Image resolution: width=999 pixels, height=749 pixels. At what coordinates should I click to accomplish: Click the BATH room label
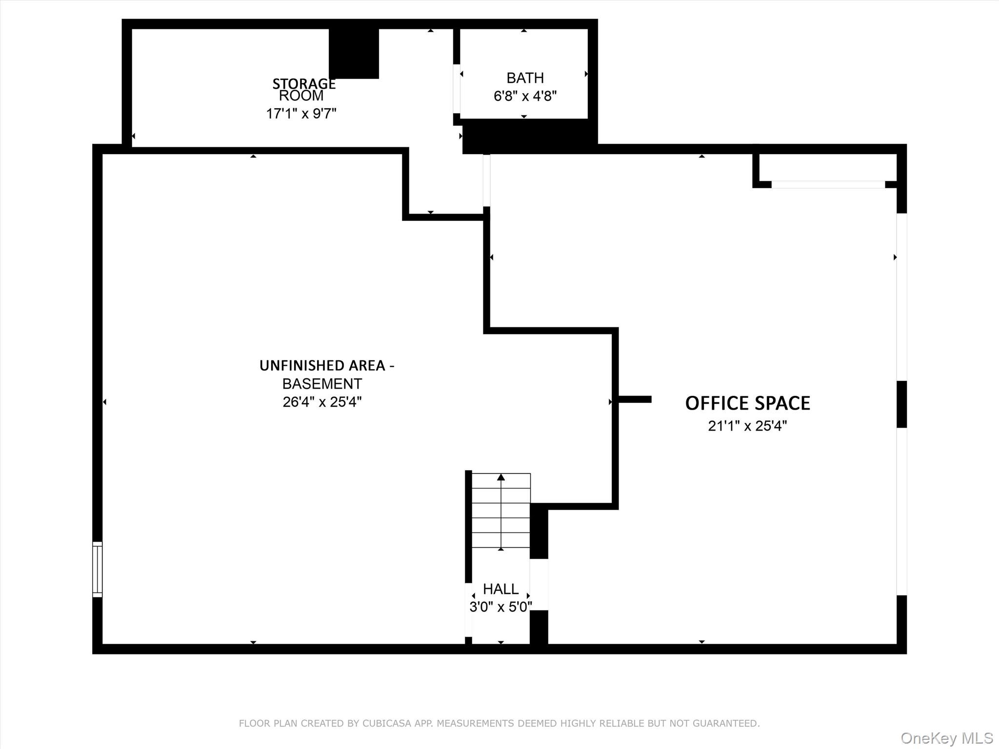pyautogui.click(x=525, y=78)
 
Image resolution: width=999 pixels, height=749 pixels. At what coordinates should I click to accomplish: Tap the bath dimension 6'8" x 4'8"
pyautogui.click(x=525, y=96)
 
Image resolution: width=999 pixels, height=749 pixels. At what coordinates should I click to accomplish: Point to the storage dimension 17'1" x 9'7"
pyautogui.click(x=301, y=114)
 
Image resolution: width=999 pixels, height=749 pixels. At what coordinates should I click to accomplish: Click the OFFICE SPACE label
pyautogui.click(x=747, y=403)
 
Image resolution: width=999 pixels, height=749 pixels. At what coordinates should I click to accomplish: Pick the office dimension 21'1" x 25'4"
pyautogui.click(x=747, y=426)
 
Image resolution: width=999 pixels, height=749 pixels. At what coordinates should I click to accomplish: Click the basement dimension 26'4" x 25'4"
pyautogui.click(x=322, y=402)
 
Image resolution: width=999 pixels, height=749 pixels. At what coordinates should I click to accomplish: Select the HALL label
pyautogui.click(x=500, y=589)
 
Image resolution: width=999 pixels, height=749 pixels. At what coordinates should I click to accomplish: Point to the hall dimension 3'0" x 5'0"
pyautogui.click(x=500, y=607)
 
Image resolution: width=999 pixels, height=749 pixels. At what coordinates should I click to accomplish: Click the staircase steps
pyautogui.click(x=501, y=510)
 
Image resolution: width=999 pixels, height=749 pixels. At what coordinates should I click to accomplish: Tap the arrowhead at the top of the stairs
pyautogui.click(x=501, y=477)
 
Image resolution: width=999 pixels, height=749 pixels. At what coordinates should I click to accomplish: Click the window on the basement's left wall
pyautogui.click(x=98, y=569)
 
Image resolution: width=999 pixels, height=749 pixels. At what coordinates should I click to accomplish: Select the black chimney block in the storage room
pyautogui.click(x=354, y=54)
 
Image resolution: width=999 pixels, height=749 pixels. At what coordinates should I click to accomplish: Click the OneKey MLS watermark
pyautogui.click(x=947, y=738)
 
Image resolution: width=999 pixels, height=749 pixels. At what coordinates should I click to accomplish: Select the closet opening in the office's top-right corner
pyautogui.click(x=828, y=185)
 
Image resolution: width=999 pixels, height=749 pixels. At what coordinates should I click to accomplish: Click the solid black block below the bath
pyautogui.click(x=530, y=137)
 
